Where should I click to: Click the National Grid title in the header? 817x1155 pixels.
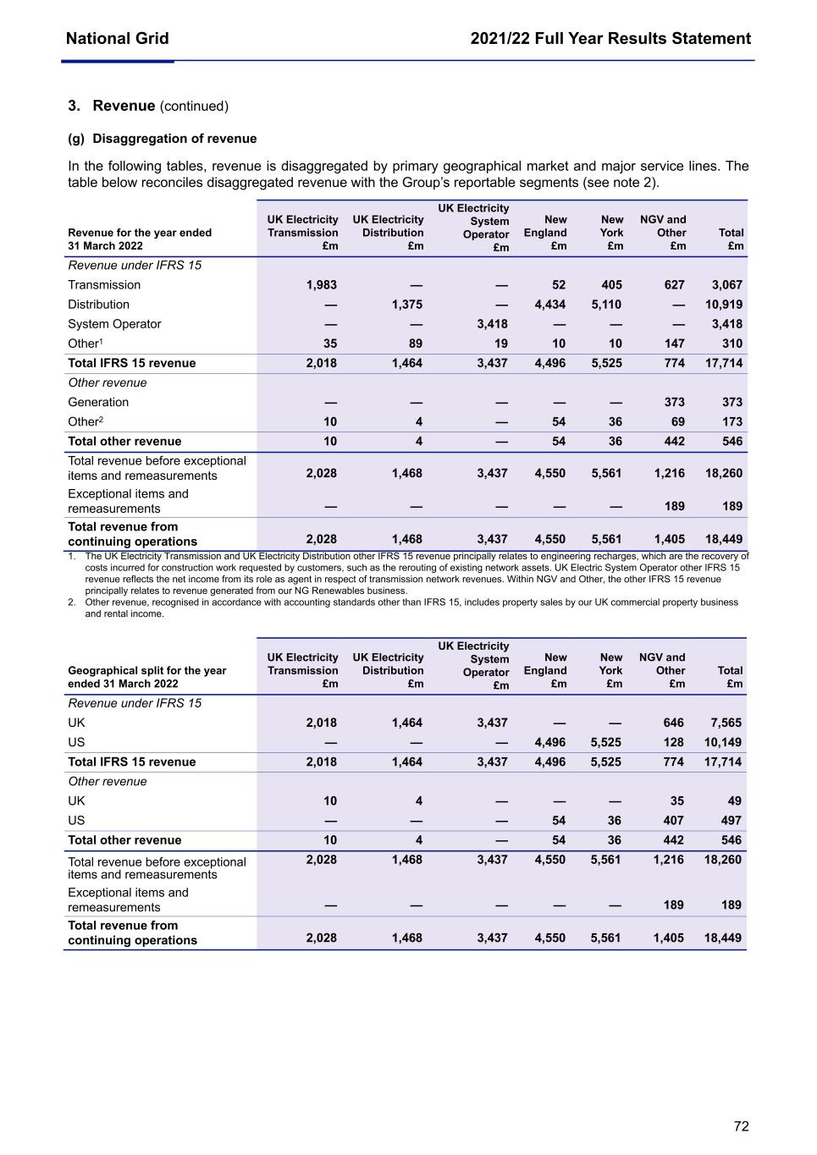click(x=117, y=38)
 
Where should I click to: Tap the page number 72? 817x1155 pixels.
click(x=741, y=1126)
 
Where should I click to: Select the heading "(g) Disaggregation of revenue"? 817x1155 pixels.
click(x=162, y=139)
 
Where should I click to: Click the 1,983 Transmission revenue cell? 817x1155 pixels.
click(x=321, y=285)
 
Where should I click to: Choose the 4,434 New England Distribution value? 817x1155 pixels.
click(x=549, y=305)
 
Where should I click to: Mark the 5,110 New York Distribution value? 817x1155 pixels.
click(x=606, y=305)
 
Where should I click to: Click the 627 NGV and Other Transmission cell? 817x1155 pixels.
click(x=674, y=285)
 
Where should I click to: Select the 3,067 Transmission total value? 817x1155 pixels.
click(x=726, y=285)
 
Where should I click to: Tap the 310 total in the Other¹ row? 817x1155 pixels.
click(x=732, y=344)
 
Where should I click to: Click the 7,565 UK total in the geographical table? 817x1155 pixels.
click(x=726, y=723)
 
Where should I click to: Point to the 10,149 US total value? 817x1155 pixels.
click(x=723, y=742)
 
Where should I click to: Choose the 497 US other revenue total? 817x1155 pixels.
click(x=731, y=820)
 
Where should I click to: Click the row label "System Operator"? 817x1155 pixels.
click(x=114, y=324)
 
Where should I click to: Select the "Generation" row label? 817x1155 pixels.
click(x=98, y=402)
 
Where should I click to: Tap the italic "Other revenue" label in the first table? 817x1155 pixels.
click(x=107, y=382)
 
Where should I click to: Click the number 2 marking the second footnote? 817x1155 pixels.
click(x=71, y=602)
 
